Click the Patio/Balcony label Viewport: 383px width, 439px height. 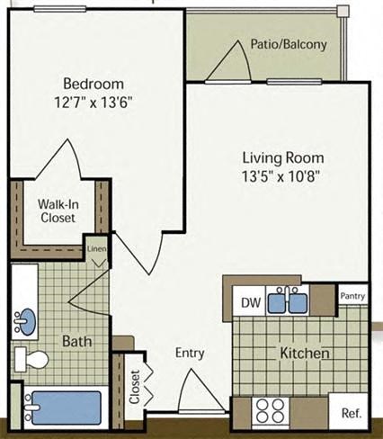click(x=289, y=44)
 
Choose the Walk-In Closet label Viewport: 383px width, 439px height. click(x=56, y=211)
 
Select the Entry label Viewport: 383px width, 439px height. click(x=190, y=353)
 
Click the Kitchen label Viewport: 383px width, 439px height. click(x=303, y=353)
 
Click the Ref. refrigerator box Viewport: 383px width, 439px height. click(x=350, y=413)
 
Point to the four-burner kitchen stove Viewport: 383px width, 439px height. click(x=268, y=412)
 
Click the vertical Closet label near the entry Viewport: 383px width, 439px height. click(x=135, y=388)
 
